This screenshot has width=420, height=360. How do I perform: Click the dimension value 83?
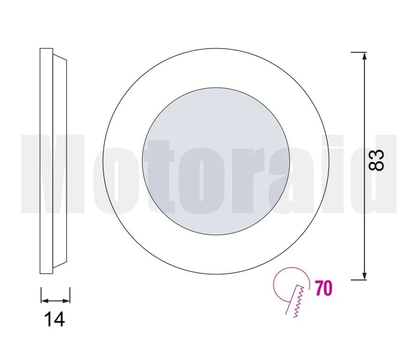click(x=376, y=160)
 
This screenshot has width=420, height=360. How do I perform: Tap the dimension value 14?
click(x=54, y=319)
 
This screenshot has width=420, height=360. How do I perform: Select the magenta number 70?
click(x=324, y=288)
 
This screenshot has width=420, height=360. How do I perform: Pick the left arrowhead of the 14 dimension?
click(x=45, y=301)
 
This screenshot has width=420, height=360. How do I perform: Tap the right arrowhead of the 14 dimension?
click(x=67, y=301)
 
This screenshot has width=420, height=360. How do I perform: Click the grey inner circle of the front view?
click(x=216, y=161)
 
